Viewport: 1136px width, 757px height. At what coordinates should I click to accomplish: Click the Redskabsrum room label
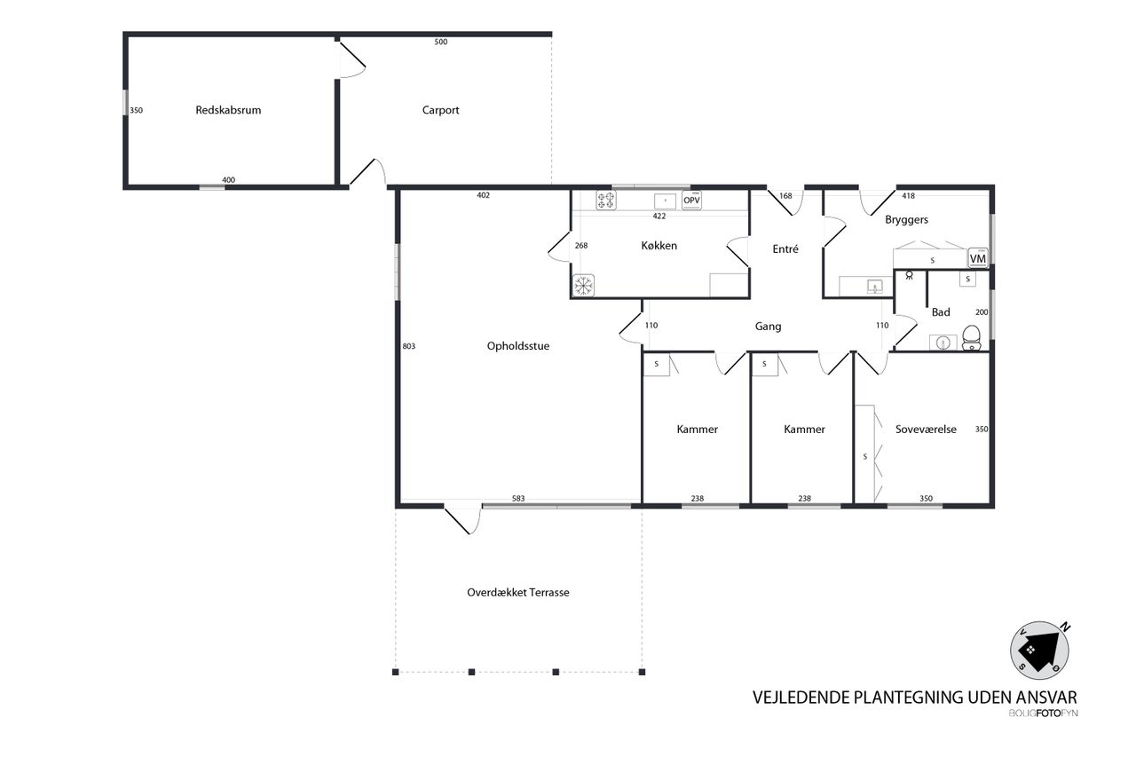(x=228, y=110)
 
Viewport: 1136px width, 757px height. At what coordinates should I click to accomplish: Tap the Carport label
(x=440, y=110)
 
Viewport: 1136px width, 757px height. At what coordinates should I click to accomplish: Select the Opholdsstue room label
(x=517, y=346)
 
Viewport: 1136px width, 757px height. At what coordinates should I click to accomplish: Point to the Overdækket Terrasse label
(x=517, y=592)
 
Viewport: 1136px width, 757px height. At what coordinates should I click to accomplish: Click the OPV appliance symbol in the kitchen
(x=691, y=201)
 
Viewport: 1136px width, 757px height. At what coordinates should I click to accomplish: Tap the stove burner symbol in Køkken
(x=605, y=201)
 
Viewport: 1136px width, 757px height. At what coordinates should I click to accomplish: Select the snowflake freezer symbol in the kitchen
(x=583, y=286)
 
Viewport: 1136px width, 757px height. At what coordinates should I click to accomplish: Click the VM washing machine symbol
(x=978, y=258)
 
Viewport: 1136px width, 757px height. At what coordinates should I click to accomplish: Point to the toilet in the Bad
(x=971, y=338)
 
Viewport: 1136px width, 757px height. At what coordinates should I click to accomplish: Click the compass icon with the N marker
(x=1039, y=651)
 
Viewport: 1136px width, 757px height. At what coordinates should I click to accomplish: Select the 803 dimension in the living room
(x=409, y=346)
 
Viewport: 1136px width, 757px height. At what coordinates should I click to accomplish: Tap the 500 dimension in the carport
(x=441, y=42)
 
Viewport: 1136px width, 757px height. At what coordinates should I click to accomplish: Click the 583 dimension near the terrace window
(x=517, y=499)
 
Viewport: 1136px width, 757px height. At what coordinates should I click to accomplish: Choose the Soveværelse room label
(x=926, y=430)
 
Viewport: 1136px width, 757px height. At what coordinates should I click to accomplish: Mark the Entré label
(x=785, y=249)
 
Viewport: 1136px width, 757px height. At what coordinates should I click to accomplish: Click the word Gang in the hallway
(x=768, y=327)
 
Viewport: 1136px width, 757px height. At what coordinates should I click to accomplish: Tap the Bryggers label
(x=906, y=220)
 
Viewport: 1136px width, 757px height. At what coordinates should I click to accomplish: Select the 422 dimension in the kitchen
(x=659, y=216)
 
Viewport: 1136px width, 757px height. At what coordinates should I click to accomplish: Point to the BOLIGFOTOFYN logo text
(x=1043, y=713)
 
